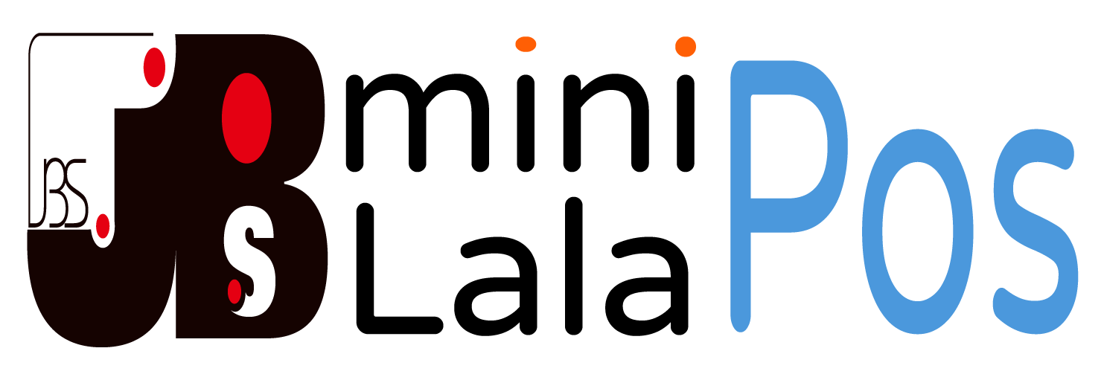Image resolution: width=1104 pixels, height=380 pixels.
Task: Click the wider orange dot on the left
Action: tap(526, 44)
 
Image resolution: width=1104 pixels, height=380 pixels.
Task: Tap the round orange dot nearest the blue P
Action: tap(686, 46)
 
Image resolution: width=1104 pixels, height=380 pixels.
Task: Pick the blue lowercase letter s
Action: tap(1036, 231)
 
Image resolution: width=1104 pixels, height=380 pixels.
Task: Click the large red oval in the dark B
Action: tap(246, 117)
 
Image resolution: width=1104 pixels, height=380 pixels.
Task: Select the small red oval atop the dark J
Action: tap(154, 67)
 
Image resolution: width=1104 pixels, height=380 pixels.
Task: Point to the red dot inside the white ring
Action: tap(103, 225)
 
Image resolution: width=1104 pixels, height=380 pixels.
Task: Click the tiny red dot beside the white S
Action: tap(234, 291)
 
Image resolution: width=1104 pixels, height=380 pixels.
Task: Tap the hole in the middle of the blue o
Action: tap(918, 231)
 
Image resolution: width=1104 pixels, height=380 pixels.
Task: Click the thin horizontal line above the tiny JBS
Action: tap(89, 34)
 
